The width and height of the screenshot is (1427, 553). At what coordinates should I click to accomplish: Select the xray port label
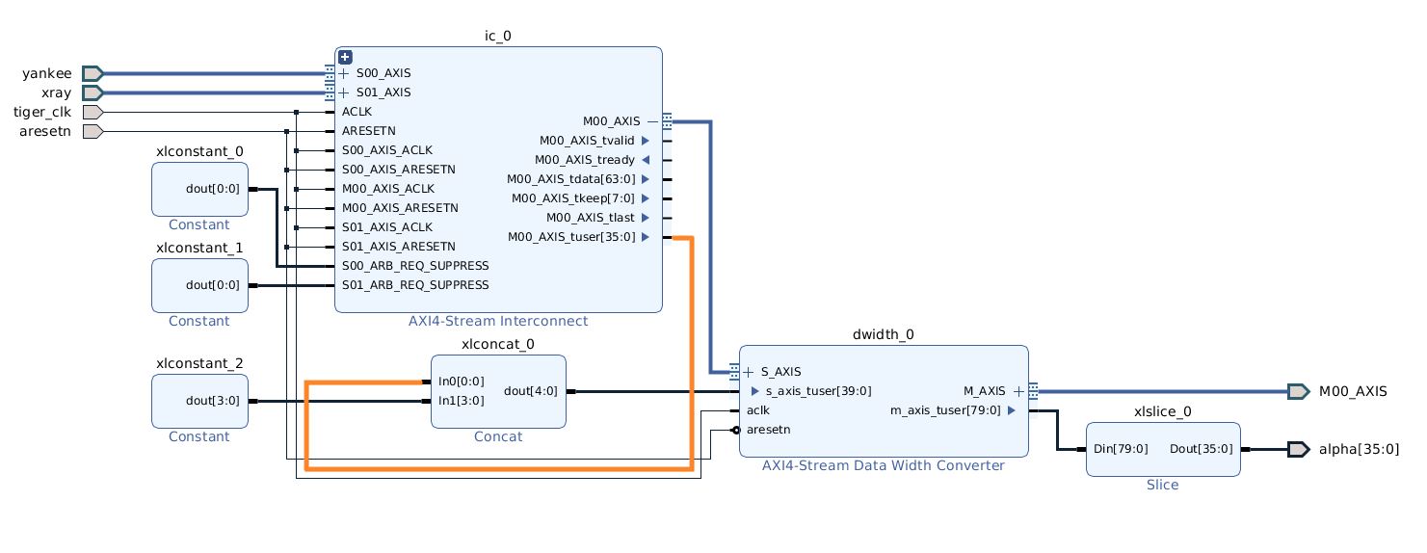(56, 92)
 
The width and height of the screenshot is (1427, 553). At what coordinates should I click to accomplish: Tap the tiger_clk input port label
(42, 112)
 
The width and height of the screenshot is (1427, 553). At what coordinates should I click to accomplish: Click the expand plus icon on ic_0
(345, 57)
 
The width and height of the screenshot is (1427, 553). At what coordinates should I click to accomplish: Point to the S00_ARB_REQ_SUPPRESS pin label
(415, 265)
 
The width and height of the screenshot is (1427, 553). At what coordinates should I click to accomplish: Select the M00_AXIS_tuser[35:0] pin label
(571, 236)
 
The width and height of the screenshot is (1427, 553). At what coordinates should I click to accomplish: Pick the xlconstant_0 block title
(199, 151)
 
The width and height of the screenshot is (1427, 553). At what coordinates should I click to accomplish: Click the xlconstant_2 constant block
(199, 401)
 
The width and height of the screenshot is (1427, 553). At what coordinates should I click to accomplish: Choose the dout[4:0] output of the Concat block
(529, 391)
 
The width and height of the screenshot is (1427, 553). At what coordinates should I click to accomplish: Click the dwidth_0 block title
(884, 334)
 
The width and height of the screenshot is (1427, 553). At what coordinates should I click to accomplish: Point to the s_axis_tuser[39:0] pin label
(818, 391)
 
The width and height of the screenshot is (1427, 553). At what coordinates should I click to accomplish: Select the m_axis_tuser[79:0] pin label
(946, 410)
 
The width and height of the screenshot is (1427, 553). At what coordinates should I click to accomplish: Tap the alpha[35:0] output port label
(1359, 449)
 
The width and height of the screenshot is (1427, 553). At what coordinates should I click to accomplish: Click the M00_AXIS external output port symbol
(1299, 391)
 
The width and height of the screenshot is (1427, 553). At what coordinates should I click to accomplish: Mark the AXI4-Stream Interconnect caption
(498, 321)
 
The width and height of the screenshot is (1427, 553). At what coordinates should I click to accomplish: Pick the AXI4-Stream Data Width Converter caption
(884, 465)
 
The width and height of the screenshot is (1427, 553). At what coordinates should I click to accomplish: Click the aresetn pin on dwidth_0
(768, 430)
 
